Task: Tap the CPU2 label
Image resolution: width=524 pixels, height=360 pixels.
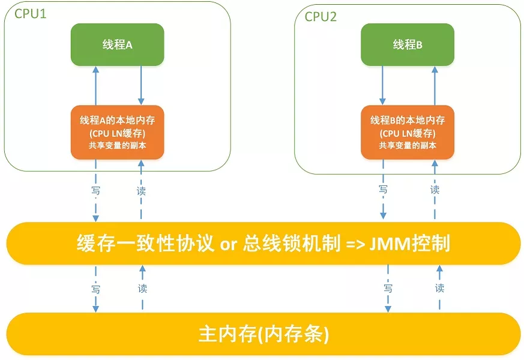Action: pyautogui.click(x=321, y=16)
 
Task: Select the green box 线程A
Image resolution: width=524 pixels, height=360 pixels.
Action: pyautogui.click(x=117, y=44)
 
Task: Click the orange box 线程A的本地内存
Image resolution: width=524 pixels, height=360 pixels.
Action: pyautogui.click(x=117, y=120)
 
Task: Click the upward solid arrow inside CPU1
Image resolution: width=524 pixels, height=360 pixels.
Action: pyautogui.click(x=95, y=85)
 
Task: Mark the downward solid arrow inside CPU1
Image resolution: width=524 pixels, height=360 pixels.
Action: pyautogui.click(x=140, y=85)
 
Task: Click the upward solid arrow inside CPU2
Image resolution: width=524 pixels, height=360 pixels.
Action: pyautogui.click(x=433, y=85)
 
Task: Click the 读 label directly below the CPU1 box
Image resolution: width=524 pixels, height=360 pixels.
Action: pyautogui.click(x=141, y=191)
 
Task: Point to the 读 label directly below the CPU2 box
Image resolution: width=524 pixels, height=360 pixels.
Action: pyautogui.click(x=435, y=190)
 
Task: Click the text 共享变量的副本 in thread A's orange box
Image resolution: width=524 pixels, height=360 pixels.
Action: pyautogui.click(x=117, y=145)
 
